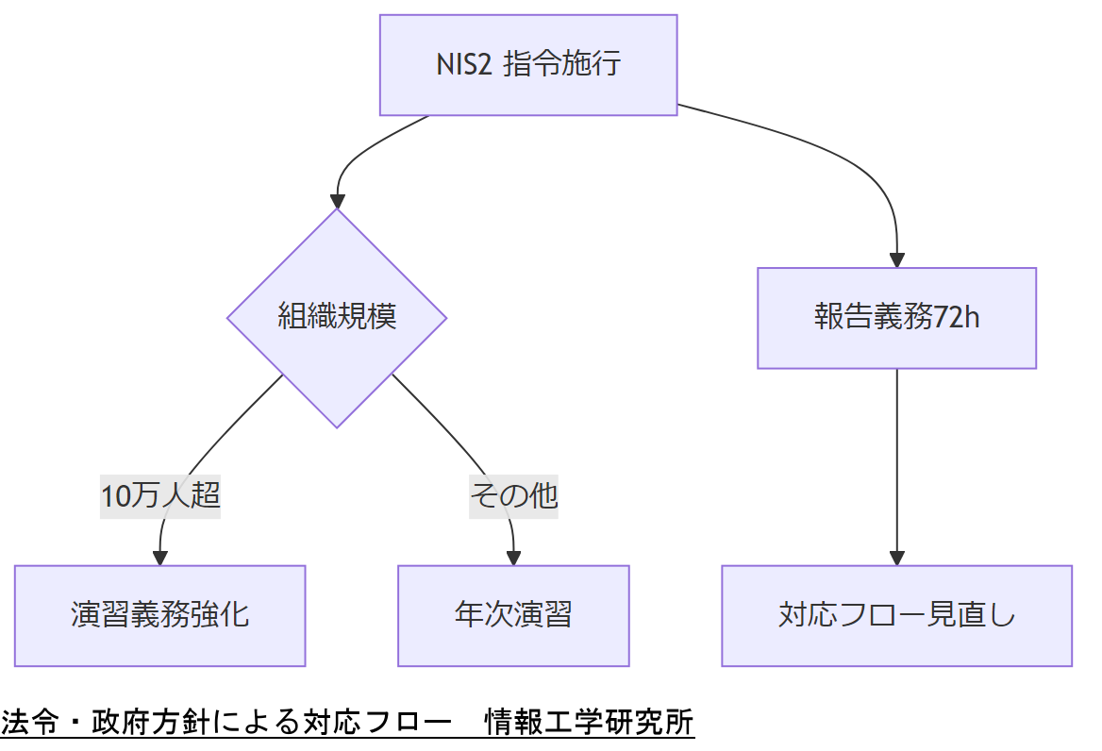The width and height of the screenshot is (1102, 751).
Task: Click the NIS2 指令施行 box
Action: [528, 65]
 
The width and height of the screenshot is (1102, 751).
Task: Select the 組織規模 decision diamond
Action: [337, 317]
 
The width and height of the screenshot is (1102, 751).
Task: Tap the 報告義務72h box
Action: [896, 318]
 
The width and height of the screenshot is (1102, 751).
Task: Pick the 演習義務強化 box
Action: [159, 615]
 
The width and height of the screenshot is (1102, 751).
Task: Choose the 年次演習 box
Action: [513, 615]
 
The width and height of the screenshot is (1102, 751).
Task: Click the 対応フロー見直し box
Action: [896, 615]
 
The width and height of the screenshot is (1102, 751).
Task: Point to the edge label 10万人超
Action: [160, 495]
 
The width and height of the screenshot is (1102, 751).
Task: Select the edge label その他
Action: [514, 495]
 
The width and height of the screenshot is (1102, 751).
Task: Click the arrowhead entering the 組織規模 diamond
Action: [337, 201]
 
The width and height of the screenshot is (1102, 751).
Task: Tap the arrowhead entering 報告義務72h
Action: [896, 260]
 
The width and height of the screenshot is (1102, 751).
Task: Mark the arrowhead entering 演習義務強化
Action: [159, 558]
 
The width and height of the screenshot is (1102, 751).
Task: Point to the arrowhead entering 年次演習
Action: [513, 558]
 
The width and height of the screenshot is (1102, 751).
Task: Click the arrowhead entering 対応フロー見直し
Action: [896, 558]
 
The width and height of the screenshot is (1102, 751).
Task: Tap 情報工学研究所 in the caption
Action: [589, 723]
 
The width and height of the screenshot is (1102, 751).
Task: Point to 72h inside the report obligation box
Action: [957, 318]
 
